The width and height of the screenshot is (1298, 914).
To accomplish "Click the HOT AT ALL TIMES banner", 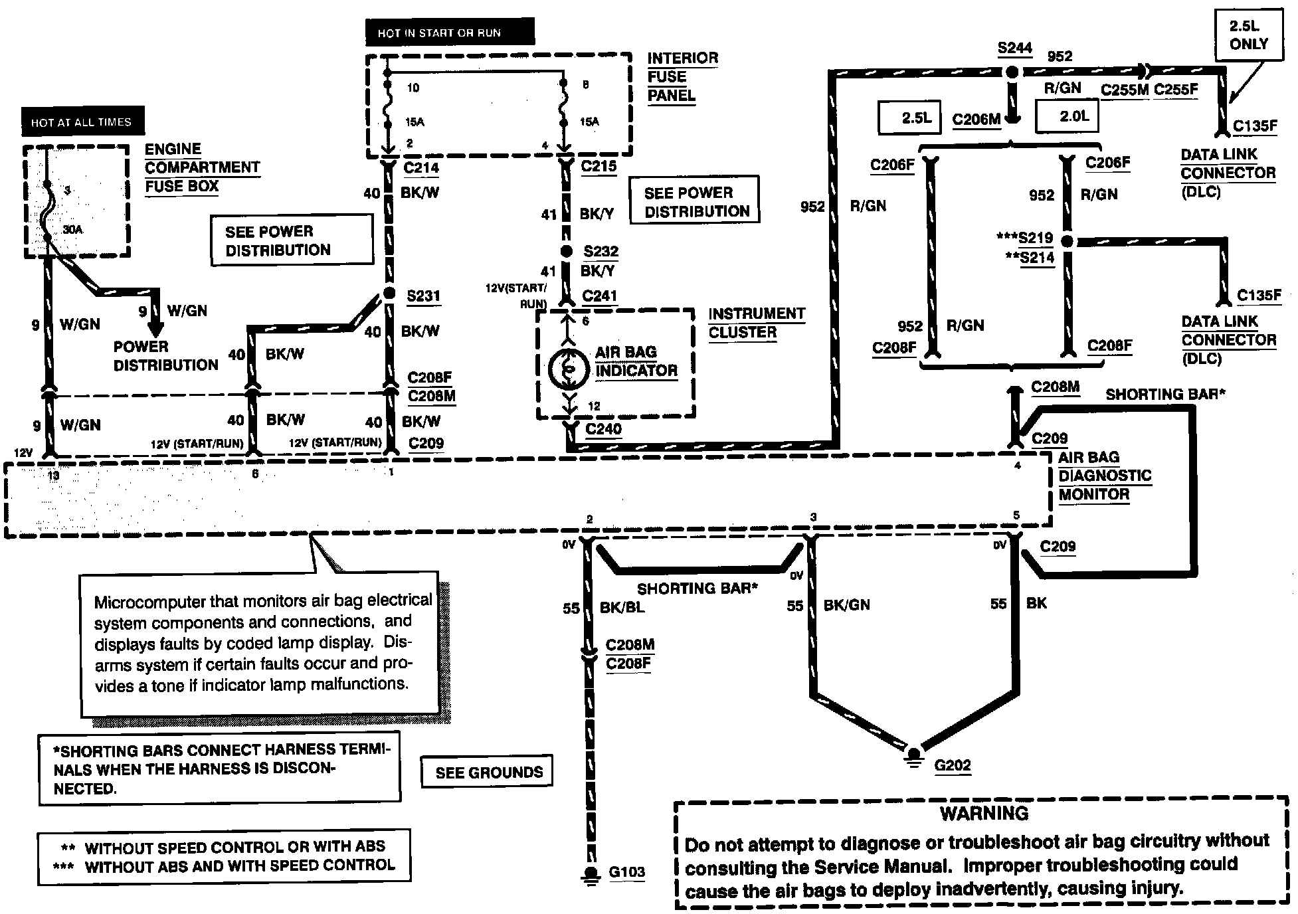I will (82, 122).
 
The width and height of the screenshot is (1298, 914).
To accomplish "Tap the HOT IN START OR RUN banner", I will (439, 33).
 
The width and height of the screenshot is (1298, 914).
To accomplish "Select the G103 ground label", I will (626, 871).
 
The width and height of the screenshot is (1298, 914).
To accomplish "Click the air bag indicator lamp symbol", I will (566, 370).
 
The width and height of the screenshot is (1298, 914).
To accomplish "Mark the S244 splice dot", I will (1012, 72).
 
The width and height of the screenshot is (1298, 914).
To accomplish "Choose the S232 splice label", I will (601, 251).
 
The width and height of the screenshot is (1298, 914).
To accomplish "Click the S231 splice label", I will (423, 296).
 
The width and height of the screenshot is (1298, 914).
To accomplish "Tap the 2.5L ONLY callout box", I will (1248, 36).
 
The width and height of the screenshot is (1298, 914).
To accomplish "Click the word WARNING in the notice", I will (984, 813).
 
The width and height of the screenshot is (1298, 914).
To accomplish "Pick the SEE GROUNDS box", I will (489, 773).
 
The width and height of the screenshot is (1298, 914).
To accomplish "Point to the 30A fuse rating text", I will (73, 229).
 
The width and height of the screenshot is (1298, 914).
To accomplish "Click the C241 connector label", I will (599, 296).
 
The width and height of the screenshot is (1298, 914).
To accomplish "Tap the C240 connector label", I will (603, 429).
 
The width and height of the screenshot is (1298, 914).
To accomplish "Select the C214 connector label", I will (421, 167).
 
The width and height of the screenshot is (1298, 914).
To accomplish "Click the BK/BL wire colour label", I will (622, 607).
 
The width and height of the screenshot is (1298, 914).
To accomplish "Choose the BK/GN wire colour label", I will (846, 605).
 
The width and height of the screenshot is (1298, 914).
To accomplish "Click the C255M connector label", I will (1124, 90).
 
